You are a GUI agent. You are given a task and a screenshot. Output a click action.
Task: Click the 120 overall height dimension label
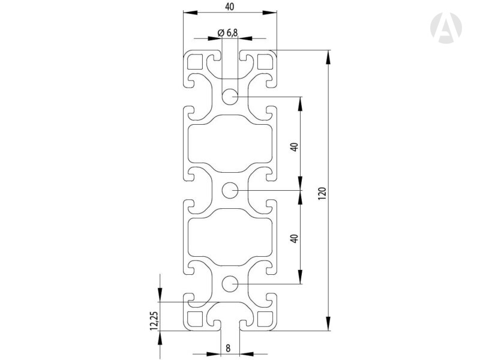pos(322,192)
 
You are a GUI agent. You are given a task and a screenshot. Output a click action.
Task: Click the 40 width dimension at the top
pos(230,7)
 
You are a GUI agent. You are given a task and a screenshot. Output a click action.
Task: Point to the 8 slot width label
pos(228,347)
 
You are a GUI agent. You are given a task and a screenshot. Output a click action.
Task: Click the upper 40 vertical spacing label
pos(294,146)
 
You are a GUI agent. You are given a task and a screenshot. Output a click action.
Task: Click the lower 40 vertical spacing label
pos(294,238)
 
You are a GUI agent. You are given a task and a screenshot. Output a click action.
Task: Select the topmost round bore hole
pos(230,97)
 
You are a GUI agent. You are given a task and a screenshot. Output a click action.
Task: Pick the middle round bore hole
pos(230,191)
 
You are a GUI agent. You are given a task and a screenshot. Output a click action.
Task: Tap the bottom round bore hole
pos(230,284)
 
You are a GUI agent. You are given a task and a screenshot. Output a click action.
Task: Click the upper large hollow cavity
pos(230,144)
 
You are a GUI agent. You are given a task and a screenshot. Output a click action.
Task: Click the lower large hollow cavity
pos(230,238)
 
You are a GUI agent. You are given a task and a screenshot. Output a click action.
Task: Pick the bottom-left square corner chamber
pos(195,319)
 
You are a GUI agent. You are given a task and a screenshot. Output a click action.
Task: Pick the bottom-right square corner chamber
pos(265,319)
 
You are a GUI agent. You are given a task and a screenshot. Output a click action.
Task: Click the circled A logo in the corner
pos(446,28)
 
